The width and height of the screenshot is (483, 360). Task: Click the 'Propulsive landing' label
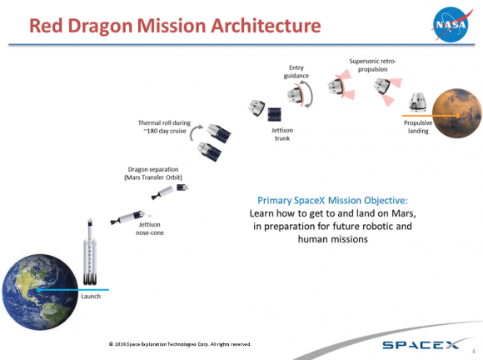coord(419,127)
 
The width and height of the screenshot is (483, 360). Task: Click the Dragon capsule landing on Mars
coord(417,102)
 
